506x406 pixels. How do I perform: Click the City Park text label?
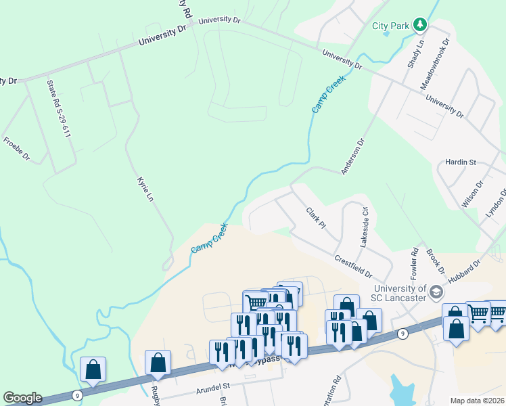391,26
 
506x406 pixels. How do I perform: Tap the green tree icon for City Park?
421,25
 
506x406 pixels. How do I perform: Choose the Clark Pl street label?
316,218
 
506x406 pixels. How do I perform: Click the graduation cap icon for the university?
436,292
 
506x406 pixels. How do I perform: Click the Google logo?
22,398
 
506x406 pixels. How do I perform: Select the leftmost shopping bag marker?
93,369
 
